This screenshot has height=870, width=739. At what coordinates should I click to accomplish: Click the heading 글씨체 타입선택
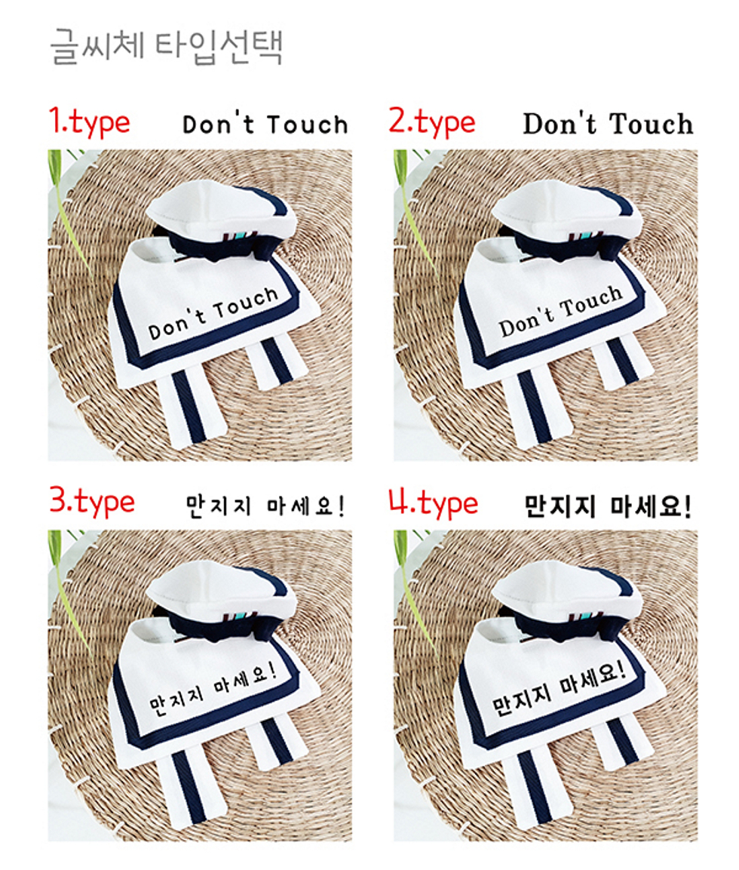click(167, 48)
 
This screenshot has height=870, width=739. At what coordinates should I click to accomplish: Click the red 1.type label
click(89, 122)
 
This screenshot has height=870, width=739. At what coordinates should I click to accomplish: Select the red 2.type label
click(432, 122)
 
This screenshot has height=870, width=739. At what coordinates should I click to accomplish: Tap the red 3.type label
click(92, 502)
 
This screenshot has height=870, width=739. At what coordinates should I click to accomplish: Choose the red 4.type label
click(433, 503)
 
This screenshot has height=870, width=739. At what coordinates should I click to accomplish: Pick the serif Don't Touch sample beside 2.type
click(608, 123)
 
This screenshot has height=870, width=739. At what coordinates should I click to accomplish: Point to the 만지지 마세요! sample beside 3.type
click(265, 506)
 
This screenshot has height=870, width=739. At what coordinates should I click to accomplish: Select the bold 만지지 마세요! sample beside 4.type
click(608, 506)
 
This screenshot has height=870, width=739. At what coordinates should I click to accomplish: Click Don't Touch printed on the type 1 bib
click(213, 312)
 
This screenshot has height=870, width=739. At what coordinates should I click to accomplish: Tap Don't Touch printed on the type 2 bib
click(560, 312)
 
